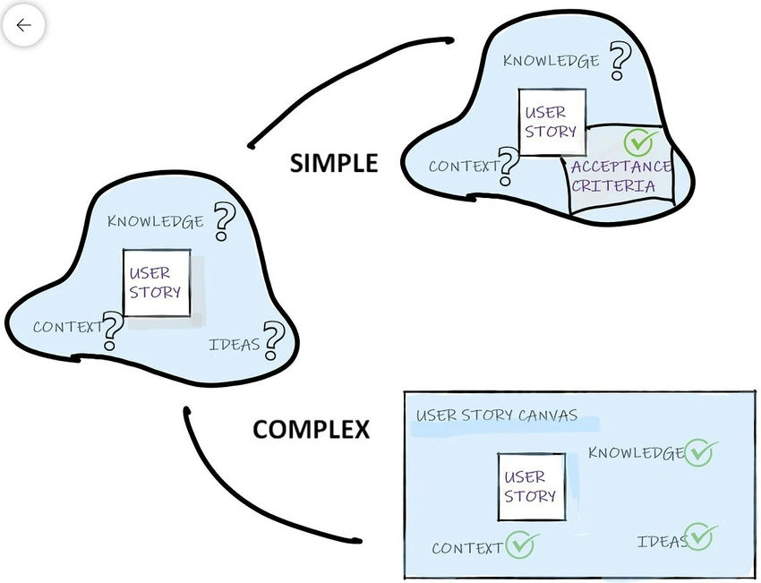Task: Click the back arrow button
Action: click(x=23, y=25)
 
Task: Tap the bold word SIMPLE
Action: click(x=334, y=163)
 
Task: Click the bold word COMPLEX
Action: click(x=311, y=430)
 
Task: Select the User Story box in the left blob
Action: click(x=157, y=283)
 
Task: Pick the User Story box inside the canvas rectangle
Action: click(x=532, y=487)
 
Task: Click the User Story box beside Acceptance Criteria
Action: click(x=552, y=122)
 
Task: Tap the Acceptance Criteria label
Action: click(x=620, y=176)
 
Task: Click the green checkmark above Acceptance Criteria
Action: click(x=641, y=141)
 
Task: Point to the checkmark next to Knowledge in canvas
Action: click(x=700, y=452)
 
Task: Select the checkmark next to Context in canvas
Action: click(x=521, y=544)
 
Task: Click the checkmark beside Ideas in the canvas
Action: click(x=700, y=536)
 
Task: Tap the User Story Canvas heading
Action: click(x=497, y=416)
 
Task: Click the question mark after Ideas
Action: click(x=273, y=341)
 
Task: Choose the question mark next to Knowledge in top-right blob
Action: click(x=620, y=60)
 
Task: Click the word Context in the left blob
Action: click(x=68, y=327)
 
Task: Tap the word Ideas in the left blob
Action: click(x=235, y=344)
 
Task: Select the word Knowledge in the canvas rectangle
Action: click(x=637, y=453)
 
